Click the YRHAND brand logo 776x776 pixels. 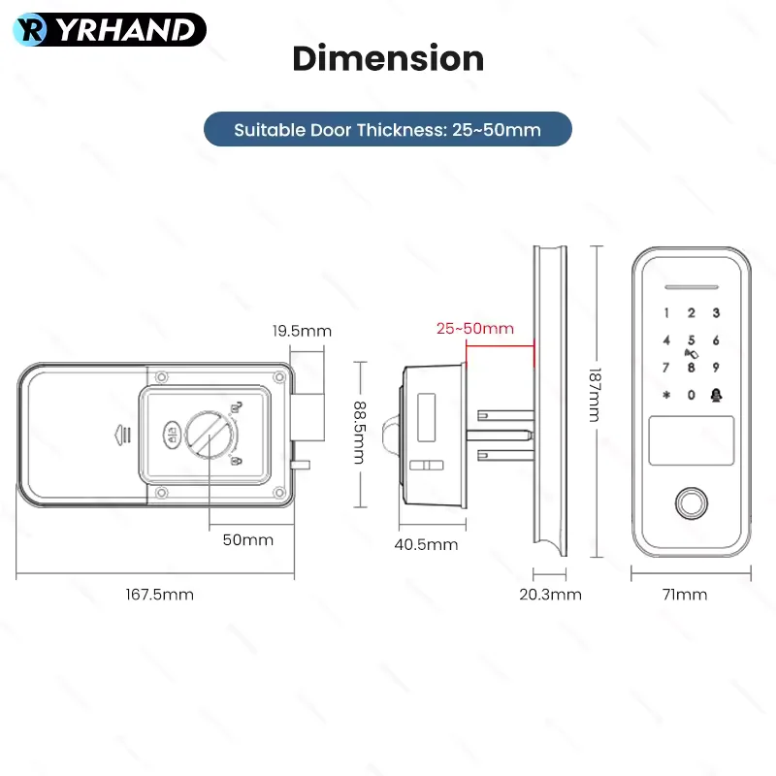click(110, 30)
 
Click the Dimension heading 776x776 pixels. click(388, 58)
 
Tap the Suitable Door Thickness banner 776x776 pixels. click(387, 129)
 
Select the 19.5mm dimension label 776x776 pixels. click(302, 331)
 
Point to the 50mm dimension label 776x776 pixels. click(248, 539)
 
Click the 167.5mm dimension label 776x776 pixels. click(159, 594)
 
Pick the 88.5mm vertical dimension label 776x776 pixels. click(360, 433)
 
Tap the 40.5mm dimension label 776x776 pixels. click(426, 544)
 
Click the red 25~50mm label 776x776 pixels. click(475, 328)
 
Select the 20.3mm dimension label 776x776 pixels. click(550, 594)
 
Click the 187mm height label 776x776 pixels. click(595, 395)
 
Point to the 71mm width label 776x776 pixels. click(685, 594)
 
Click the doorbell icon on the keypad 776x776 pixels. click(716, 395)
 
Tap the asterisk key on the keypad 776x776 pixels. click(666, 395)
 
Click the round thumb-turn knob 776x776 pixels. click(210, 435)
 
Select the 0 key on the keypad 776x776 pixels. click(692, 395)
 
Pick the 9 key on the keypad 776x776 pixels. click(716, 368)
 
